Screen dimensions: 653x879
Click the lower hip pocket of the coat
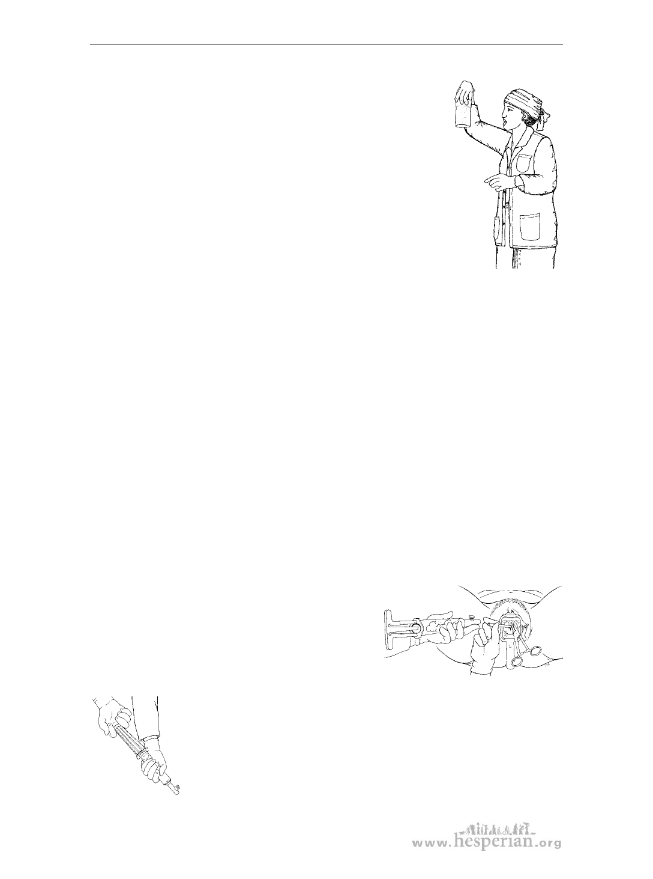click(x=530, y=227)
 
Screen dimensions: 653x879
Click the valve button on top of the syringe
click(x=472, y=616)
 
